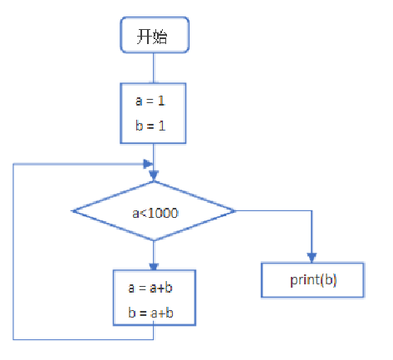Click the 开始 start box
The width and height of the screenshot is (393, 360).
155,35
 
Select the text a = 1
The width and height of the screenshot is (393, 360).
150,101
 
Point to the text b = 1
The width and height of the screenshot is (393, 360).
150,126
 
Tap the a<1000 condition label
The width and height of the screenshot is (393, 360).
155,213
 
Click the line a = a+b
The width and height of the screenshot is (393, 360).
150,288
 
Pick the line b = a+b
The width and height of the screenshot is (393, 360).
150,313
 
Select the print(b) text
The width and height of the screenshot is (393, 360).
313,280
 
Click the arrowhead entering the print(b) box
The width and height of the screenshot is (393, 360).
312,258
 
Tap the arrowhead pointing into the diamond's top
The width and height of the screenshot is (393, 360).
154,175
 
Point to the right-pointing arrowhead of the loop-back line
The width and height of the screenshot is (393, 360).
148,164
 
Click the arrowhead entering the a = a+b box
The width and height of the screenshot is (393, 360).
154,266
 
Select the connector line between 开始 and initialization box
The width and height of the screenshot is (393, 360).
154,68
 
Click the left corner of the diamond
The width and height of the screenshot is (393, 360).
72,211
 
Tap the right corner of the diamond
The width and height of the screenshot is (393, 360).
235,211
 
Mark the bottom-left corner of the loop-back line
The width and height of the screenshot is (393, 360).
13,339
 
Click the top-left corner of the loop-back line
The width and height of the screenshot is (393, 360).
13,164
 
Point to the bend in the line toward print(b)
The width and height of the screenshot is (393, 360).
312,211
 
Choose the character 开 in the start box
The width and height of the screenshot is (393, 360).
145,37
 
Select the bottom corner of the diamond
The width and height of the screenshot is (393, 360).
154,240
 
